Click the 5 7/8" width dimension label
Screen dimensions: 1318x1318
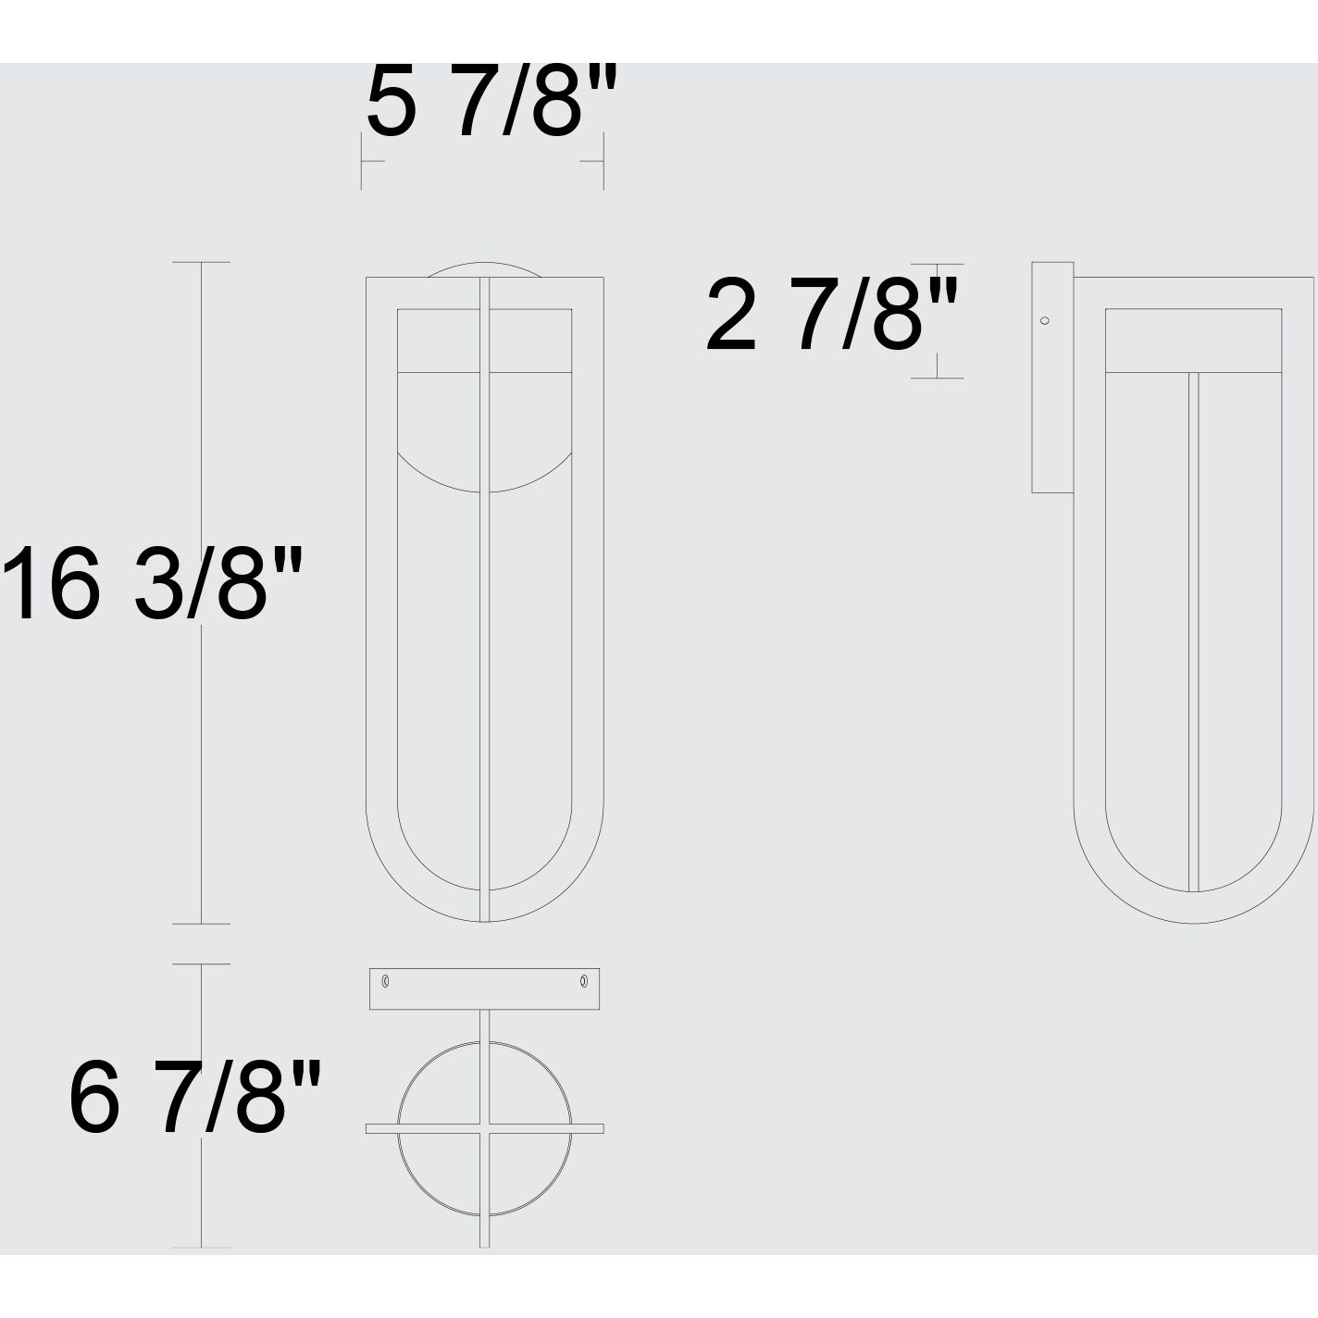point(491,102)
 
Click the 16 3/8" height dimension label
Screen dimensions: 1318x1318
point(153,584)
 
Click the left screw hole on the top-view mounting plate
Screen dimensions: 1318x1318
point(386,980)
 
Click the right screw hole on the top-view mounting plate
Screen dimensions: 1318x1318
point(584,980)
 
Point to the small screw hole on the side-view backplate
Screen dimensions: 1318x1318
point(1045,321)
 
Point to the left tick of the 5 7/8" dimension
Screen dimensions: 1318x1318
point(362,161)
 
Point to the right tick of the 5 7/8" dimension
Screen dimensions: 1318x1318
point(603,161)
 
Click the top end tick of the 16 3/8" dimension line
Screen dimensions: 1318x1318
point(202,263)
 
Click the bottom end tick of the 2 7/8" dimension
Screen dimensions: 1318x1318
point(937,378)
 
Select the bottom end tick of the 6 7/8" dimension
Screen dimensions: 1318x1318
point(202,1248)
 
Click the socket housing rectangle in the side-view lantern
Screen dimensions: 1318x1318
point(1193,341)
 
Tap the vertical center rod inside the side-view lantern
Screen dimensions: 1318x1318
point(1193,629)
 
